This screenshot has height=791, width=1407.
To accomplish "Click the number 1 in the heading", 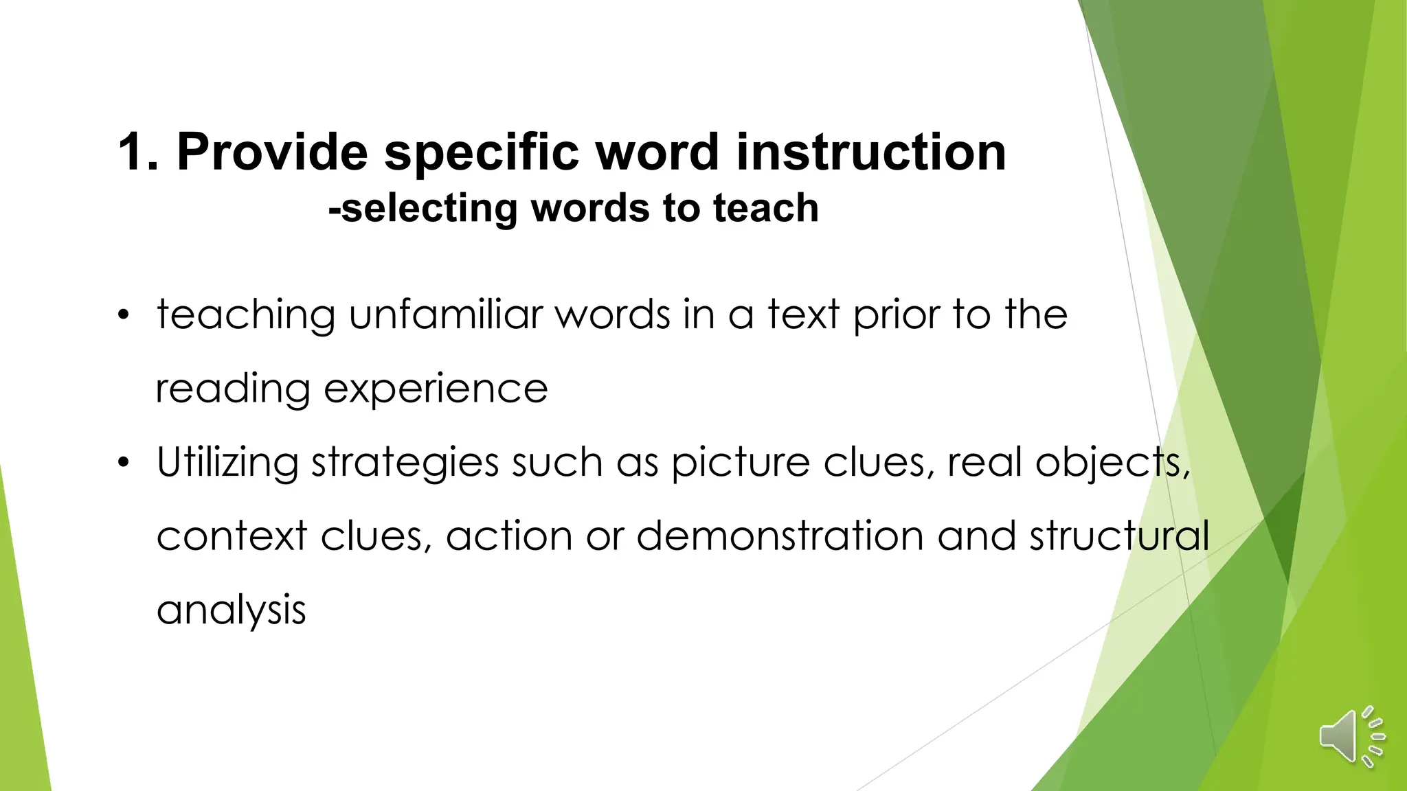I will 131,152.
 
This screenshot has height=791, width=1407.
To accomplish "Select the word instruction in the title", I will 871,152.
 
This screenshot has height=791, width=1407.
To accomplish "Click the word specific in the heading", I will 481,152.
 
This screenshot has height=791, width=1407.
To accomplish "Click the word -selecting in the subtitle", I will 423,208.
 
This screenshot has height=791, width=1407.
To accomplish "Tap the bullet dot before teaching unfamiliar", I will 123,316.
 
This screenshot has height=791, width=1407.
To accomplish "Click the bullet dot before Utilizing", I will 123,463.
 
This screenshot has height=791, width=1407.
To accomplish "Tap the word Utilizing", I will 227,462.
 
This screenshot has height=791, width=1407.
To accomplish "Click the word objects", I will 1113,463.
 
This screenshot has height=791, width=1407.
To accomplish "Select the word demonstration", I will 780,536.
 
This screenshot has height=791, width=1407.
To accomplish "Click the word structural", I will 1119,536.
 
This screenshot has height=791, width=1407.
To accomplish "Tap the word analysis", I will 232,610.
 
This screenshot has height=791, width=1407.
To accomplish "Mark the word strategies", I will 405,463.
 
